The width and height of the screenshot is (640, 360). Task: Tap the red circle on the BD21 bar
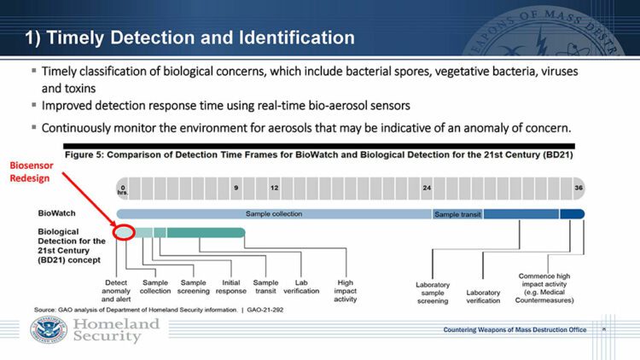click(x=124, y=232)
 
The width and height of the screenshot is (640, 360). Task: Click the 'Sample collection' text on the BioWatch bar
click(x=275, y=213)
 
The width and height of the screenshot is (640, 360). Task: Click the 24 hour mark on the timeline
click(x=426, y=187)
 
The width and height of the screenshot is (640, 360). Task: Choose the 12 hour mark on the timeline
click(x=274, y=187)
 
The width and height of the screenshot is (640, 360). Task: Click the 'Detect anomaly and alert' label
click(x=116, y=291)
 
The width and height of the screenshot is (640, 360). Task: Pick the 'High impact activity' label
click(x=346, y=291)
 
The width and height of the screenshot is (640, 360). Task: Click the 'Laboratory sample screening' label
click(x=433, y=292)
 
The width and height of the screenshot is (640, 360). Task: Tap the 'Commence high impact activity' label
click(x=550, y=287)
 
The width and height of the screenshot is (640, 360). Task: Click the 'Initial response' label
click(x=230, y=286)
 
